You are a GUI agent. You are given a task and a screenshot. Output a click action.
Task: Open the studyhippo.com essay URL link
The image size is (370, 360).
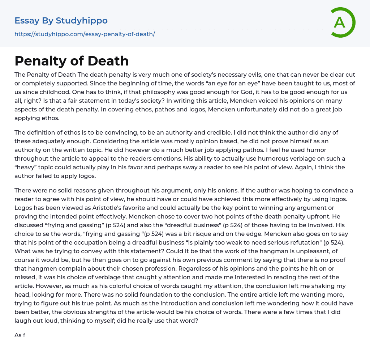(x=85, y=34)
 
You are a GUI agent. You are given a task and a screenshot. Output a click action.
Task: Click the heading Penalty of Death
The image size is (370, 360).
(x=72, y=61)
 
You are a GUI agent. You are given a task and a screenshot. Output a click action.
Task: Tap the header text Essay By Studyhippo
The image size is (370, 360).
(x=61, y=21)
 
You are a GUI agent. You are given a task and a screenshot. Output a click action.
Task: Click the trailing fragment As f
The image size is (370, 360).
(x=20, y=335)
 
